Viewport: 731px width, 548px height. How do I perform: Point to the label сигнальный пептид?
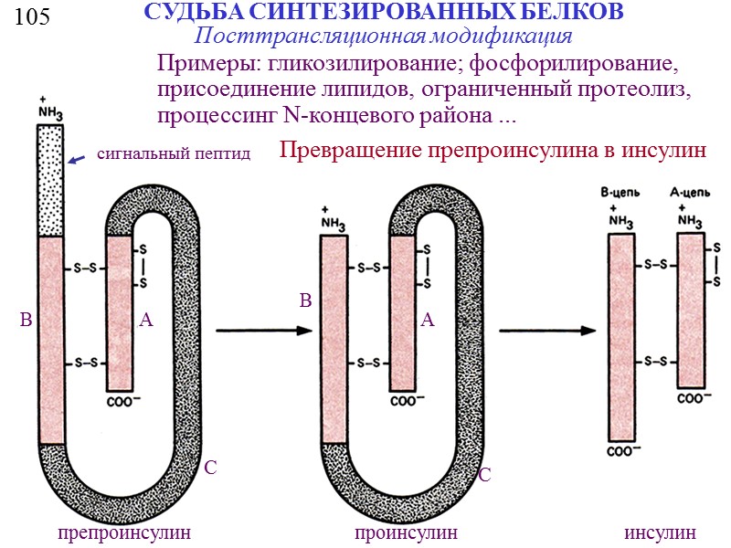coord(174,153)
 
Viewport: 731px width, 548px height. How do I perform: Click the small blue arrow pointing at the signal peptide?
coord(77,160)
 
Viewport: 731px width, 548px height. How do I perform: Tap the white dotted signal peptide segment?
coord(50,178)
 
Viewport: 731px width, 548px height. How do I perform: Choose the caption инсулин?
coord(660,532)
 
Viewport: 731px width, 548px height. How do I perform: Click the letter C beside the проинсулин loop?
coord(485,476)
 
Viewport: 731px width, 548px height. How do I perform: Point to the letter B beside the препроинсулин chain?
coord(26,321)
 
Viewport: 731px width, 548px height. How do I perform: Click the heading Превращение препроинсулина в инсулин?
coord(493,151)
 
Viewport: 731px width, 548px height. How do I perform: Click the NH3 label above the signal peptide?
coord(50,109)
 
